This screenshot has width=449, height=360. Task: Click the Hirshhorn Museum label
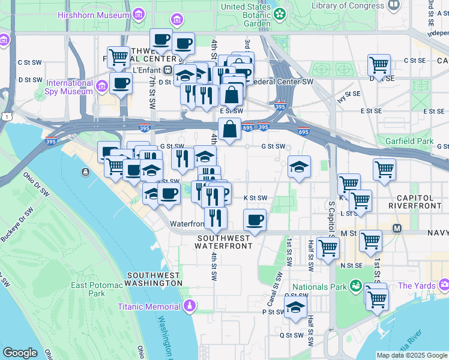pyautogui.click(x=95, y=13)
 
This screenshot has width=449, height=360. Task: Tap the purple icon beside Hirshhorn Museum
pyautogui.click(x=139, y=13)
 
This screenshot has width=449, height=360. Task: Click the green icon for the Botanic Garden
pyautogui.click(x=280, y=13)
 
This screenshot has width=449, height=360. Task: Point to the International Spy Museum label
pyautogui.click(x=70, y=88)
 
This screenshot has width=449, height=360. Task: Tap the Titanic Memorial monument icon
pyautogui.click(x=190, y=307)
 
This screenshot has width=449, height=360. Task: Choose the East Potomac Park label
pyautogui.click(x=88, y=290)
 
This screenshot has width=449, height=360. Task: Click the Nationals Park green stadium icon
pyautogui.click(x=355, y=287)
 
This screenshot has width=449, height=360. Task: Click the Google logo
pyautogui.click(x=20, y=353)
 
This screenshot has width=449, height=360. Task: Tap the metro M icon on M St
pyautogui.click(x=397, y=229)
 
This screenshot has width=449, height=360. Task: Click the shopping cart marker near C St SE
pyautogui.click(x=379, y=65)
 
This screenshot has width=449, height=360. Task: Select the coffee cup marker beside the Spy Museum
pyautogui.click(x=121, y=83)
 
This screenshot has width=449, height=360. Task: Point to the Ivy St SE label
pyautogui.click(x=349, y=97)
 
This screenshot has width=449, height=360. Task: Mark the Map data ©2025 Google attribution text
pyautogui.click(x=412, y=355)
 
